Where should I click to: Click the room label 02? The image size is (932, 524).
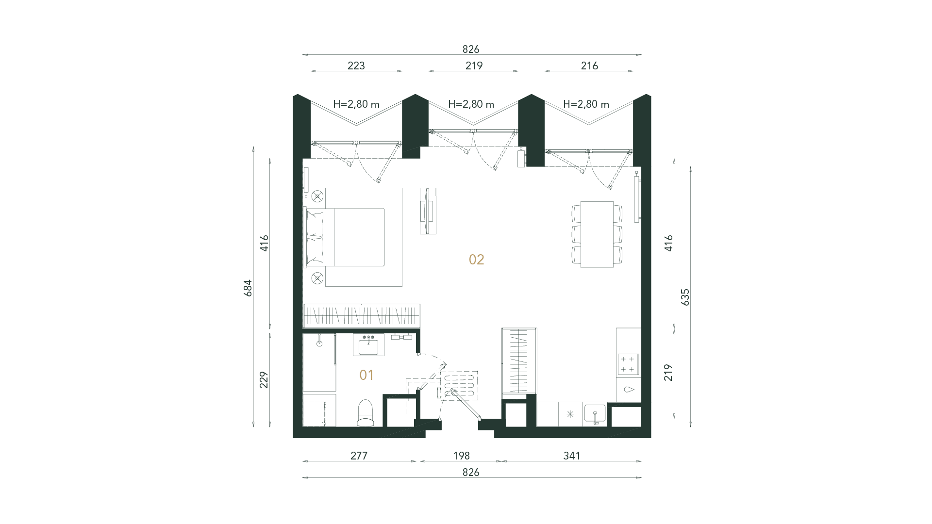pos(476,260)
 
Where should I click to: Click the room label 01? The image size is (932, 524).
pos(366,375)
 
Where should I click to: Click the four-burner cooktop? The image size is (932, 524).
pos(628,364)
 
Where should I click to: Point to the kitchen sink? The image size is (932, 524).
pos(595,415)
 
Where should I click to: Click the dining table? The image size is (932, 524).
pos(597,234)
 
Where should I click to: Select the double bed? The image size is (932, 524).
pos(354,237)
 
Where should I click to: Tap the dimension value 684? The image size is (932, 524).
pos(248,288)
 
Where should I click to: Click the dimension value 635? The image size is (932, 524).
pos(685,297)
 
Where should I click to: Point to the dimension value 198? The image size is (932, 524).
pos(461,456)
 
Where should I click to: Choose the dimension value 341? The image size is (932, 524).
pos(572,456)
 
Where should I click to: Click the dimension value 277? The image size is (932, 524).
pos(359,456)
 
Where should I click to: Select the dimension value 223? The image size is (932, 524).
pos(356,65)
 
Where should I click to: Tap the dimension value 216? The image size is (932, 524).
pos(589,65)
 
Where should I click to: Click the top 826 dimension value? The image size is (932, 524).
pos(470,49)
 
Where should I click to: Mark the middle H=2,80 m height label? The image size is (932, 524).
pos(471,104)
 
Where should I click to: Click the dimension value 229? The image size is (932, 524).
pos(264,379)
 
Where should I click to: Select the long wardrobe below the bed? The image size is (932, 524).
pos(361,316)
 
